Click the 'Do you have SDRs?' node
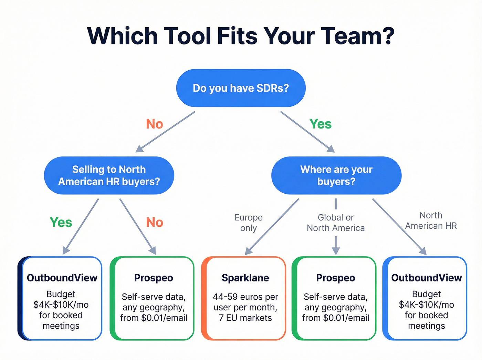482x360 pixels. (x=241, y=88)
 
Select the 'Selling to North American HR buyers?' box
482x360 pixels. (x=109, y=175)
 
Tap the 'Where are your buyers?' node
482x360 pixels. (x=336, y=175)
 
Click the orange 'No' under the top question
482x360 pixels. (x=154, y=124)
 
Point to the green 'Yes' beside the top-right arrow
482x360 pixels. (x=320, y=124)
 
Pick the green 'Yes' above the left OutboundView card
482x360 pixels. (x=61, y=223)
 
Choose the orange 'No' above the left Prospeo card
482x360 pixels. (x=154, y=223)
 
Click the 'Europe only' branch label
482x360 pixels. (x=249, y=223)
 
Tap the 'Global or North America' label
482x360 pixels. (x=336, y=223)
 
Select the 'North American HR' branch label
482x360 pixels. (x=431, y=220)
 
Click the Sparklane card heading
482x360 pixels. (x=245, y=278)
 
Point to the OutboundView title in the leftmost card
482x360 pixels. (x=62, y=278)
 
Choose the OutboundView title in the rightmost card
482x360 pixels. (x=426, y=278)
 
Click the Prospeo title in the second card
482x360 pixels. (x=154, y=278)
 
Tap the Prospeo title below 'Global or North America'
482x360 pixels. (x=336, y=278)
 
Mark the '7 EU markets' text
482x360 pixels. (x=245, y=318)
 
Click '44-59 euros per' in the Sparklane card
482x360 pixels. (x=245, y=297)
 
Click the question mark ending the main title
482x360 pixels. (x=388, y=36)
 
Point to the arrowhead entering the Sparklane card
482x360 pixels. (x=248, y=252)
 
